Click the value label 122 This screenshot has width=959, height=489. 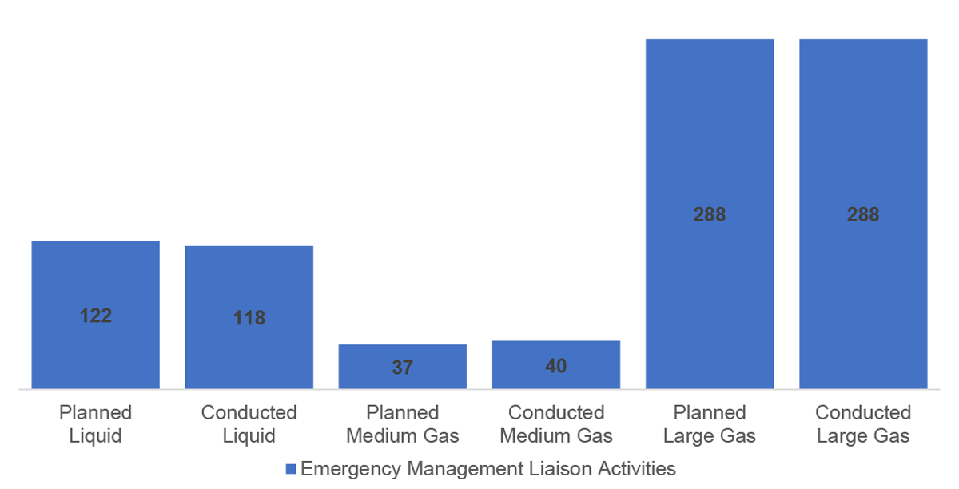pos(96,316)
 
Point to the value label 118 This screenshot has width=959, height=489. pos(249,318)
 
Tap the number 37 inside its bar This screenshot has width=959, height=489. pos(402,368)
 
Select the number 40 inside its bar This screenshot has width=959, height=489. pos(556,366)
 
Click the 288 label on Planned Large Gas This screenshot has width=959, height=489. pos(710,214)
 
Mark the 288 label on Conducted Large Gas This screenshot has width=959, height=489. pos(863,214)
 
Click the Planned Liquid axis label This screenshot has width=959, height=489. pos(95,424)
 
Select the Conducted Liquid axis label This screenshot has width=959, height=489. pos(249,424)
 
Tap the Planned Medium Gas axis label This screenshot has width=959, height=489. pos(402,424)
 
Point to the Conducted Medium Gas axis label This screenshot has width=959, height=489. pos(555,424)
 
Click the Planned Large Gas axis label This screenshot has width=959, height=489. pos(709,424)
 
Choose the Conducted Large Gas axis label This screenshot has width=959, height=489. pos(862,424)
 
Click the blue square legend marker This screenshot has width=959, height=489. pos(291,469)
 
